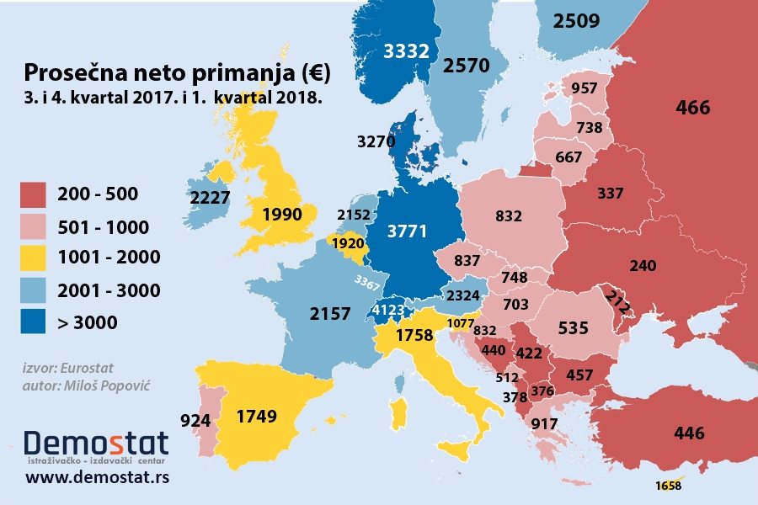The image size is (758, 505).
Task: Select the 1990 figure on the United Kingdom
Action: [281, 215]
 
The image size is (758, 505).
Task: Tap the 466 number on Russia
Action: [693, 108]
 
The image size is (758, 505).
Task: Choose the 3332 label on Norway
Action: [407, 51]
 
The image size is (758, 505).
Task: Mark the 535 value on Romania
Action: [573, 327]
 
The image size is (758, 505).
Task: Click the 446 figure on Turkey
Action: [689, 433]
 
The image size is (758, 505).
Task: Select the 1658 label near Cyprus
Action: [667, 485]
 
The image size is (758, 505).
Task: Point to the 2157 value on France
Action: [330, 313]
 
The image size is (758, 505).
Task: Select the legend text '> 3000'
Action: [88, 322]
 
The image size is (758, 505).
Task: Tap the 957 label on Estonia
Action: [583, 88]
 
